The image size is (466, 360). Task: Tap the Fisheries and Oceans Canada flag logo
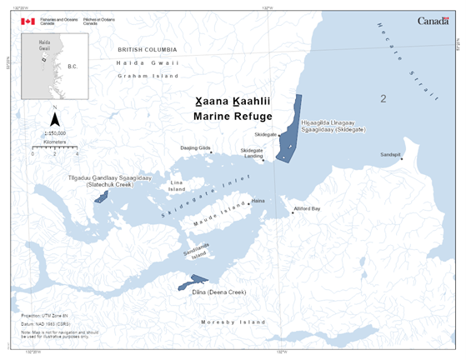pos(28,21)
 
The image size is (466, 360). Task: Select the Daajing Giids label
pos(196,147)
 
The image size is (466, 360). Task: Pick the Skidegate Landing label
pos(252,153)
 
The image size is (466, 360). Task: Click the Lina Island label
pos(177,185)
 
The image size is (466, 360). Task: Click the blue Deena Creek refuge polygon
pos(188,286)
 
